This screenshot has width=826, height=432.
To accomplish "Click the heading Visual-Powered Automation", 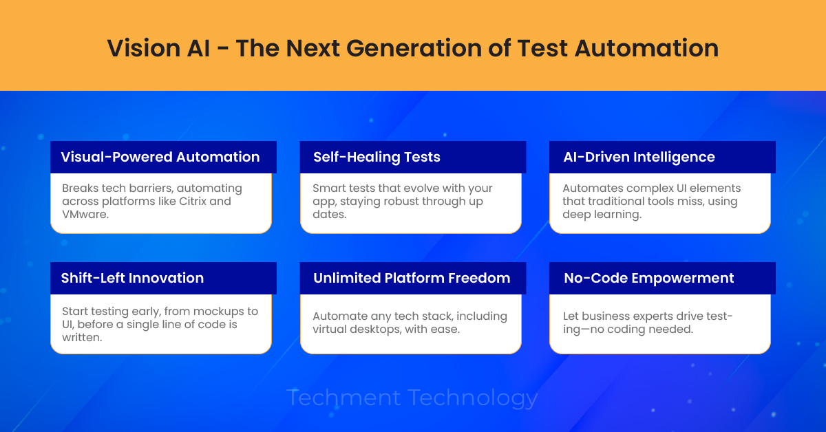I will (x=160, y=157).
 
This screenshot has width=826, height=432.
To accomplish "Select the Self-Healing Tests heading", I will (x=377, y=157).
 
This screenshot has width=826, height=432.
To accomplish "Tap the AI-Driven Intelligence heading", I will (x=639, y=157).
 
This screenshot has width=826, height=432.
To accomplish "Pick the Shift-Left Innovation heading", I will (x=132, y=278).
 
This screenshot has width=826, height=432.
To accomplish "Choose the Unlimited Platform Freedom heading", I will (x=412, y=278).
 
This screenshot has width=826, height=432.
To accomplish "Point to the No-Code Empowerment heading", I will (x=648, y=278).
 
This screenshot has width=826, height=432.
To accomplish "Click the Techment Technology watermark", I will (x=412, y=398).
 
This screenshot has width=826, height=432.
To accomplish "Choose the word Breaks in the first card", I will (x=81, y=188).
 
